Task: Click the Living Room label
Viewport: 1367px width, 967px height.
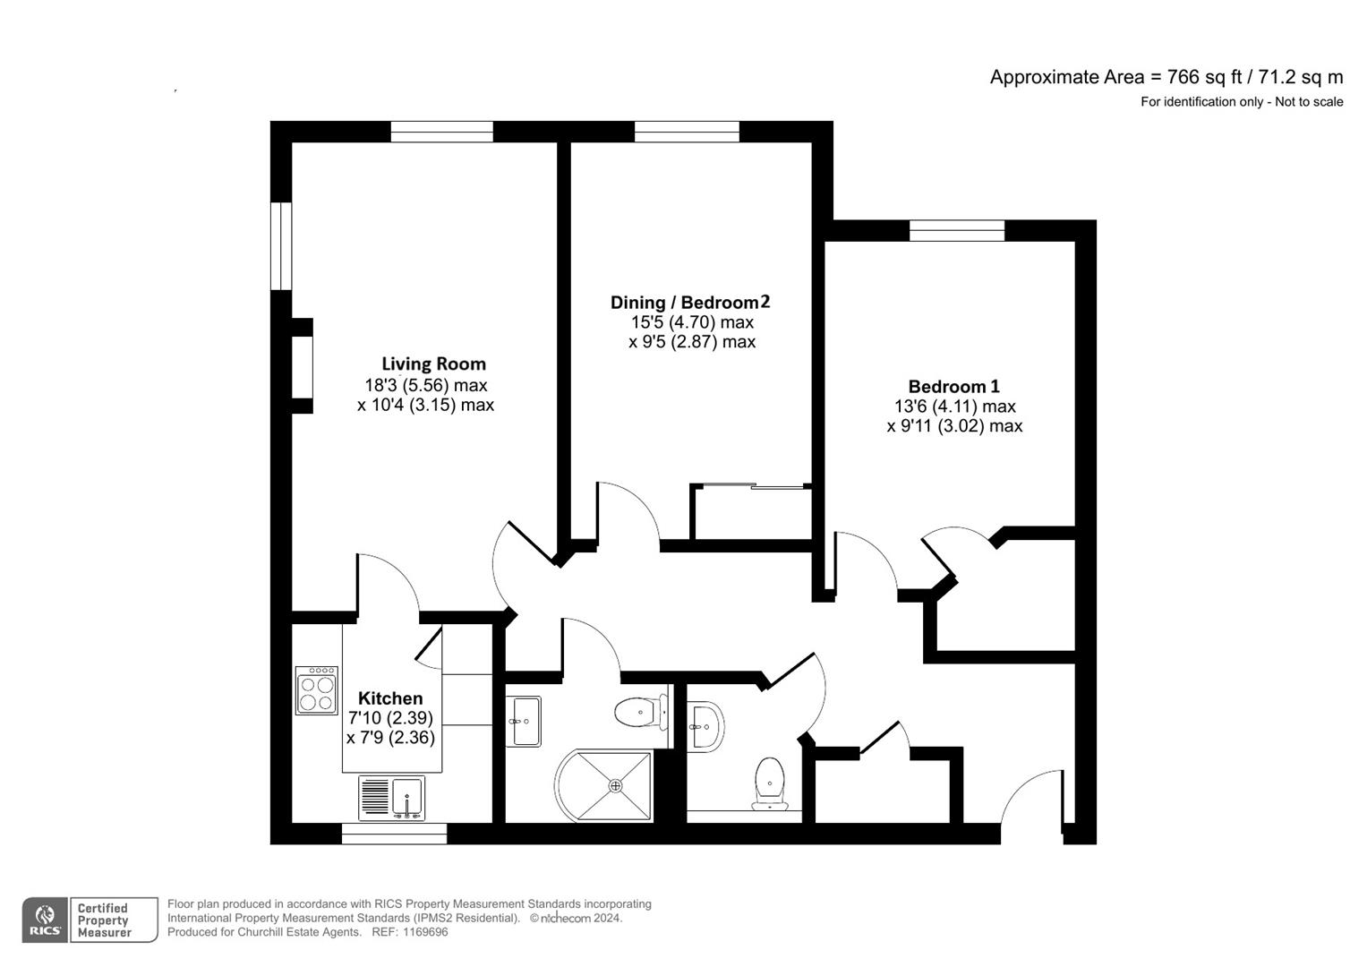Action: (433, 364)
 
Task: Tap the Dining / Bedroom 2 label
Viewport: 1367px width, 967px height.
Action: (689, 303)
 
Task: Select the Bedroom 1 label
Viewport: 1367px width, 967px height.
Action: (953, 387)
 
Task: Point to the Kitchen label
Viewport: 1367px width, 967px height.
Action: (390, 698)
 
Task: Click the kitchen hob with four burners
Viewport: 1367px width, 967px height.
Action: (317, 690)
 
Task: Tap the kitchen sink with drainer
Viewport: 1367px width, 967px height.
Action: (392, 797)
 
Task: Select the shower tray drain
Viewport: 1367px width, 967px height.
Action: (615, 785)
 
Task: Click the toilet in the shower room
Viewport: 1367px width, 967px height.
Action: (639, 713)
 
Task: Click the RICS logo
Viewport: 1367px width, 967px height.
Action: (44, 920)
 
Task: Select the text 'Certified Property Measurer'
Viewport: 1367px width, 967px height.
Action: (104, 920)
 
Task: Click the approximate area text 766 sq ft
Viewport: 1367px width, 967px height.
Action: (1166, 77)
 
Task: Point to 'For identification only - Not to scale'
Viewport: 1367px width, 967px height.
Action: (1241, 102)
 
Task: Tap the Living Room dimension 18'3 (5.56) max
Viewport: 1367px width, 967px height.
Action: (425, 385)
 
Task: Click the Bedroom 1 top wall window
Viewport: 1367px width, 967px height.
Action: (957, 231)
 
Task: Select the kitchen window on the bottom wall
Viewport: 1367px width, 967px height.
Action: (394, 834)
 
